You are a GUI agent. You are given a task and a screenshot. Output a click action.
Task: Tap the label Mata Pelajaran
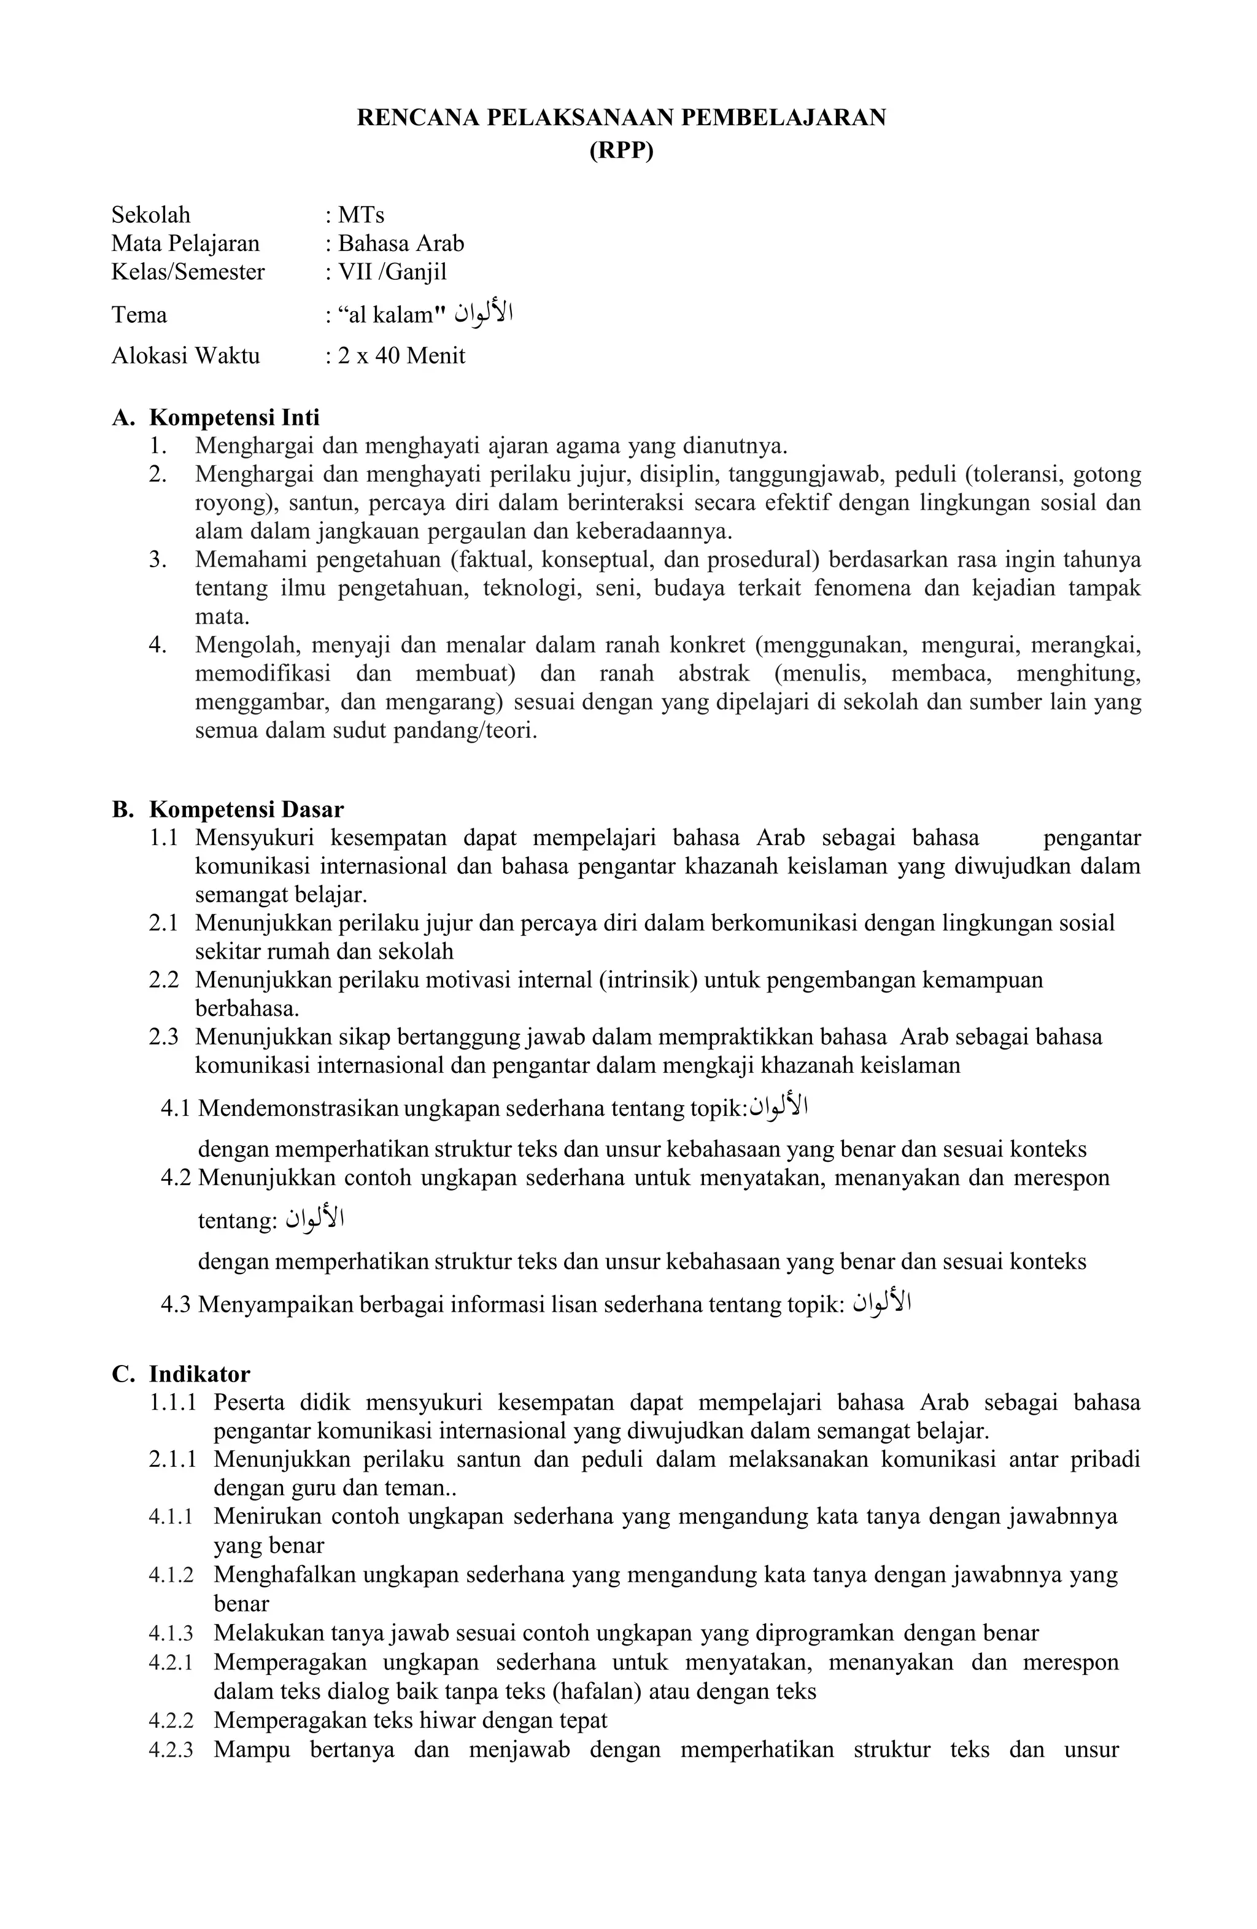pyautogui.click(x=185, y=243)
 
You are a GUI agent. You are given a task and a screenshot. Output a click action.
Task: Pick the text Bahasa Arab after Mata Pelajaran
pyautogui.click(x=400, y=243)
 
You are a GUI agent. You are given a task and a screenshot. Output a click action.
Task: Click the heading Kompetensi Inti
pyautogui.click(x=234, y=417)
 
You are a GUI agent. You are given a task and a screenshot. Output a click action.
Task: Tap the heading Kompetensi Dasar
pyautogui.click(x=246, y=809)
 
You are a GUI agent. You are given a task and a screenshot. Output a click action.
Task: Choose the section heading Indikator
pyautogui.click(x=199, y=1374)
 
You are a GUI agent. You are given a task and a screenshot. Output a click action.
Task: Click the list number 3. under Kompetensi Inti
pyautogui.click(x=158, y=559)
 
